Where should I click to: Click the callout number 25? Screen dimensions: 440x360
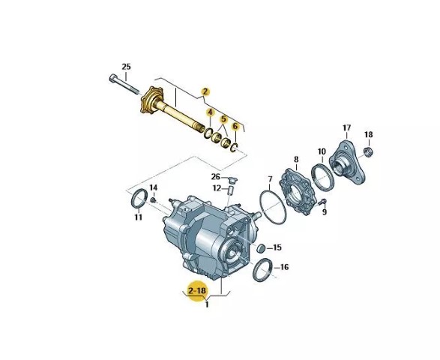[126, 67]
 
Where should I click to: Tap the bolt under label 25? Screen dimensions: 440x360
[124, 84]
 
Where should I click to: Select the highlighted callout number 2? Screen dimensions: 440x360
[205, 91]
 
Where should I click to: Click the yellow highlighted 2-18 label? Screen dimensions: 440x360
[197, 291]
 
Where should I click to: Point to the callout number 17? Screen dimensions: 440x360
[346, 127]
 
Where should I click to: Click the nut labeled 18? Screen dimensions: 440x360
[369, 152]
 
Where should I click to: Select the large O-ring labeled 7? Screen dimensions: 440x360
[273, 207]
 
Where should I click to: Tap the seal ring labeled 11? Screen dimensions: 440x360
[139, 199]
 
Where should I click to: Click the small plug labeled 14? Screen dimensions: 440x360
[153, 200]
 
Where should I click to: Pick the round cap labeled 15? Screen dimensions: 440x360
[261, 248]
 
